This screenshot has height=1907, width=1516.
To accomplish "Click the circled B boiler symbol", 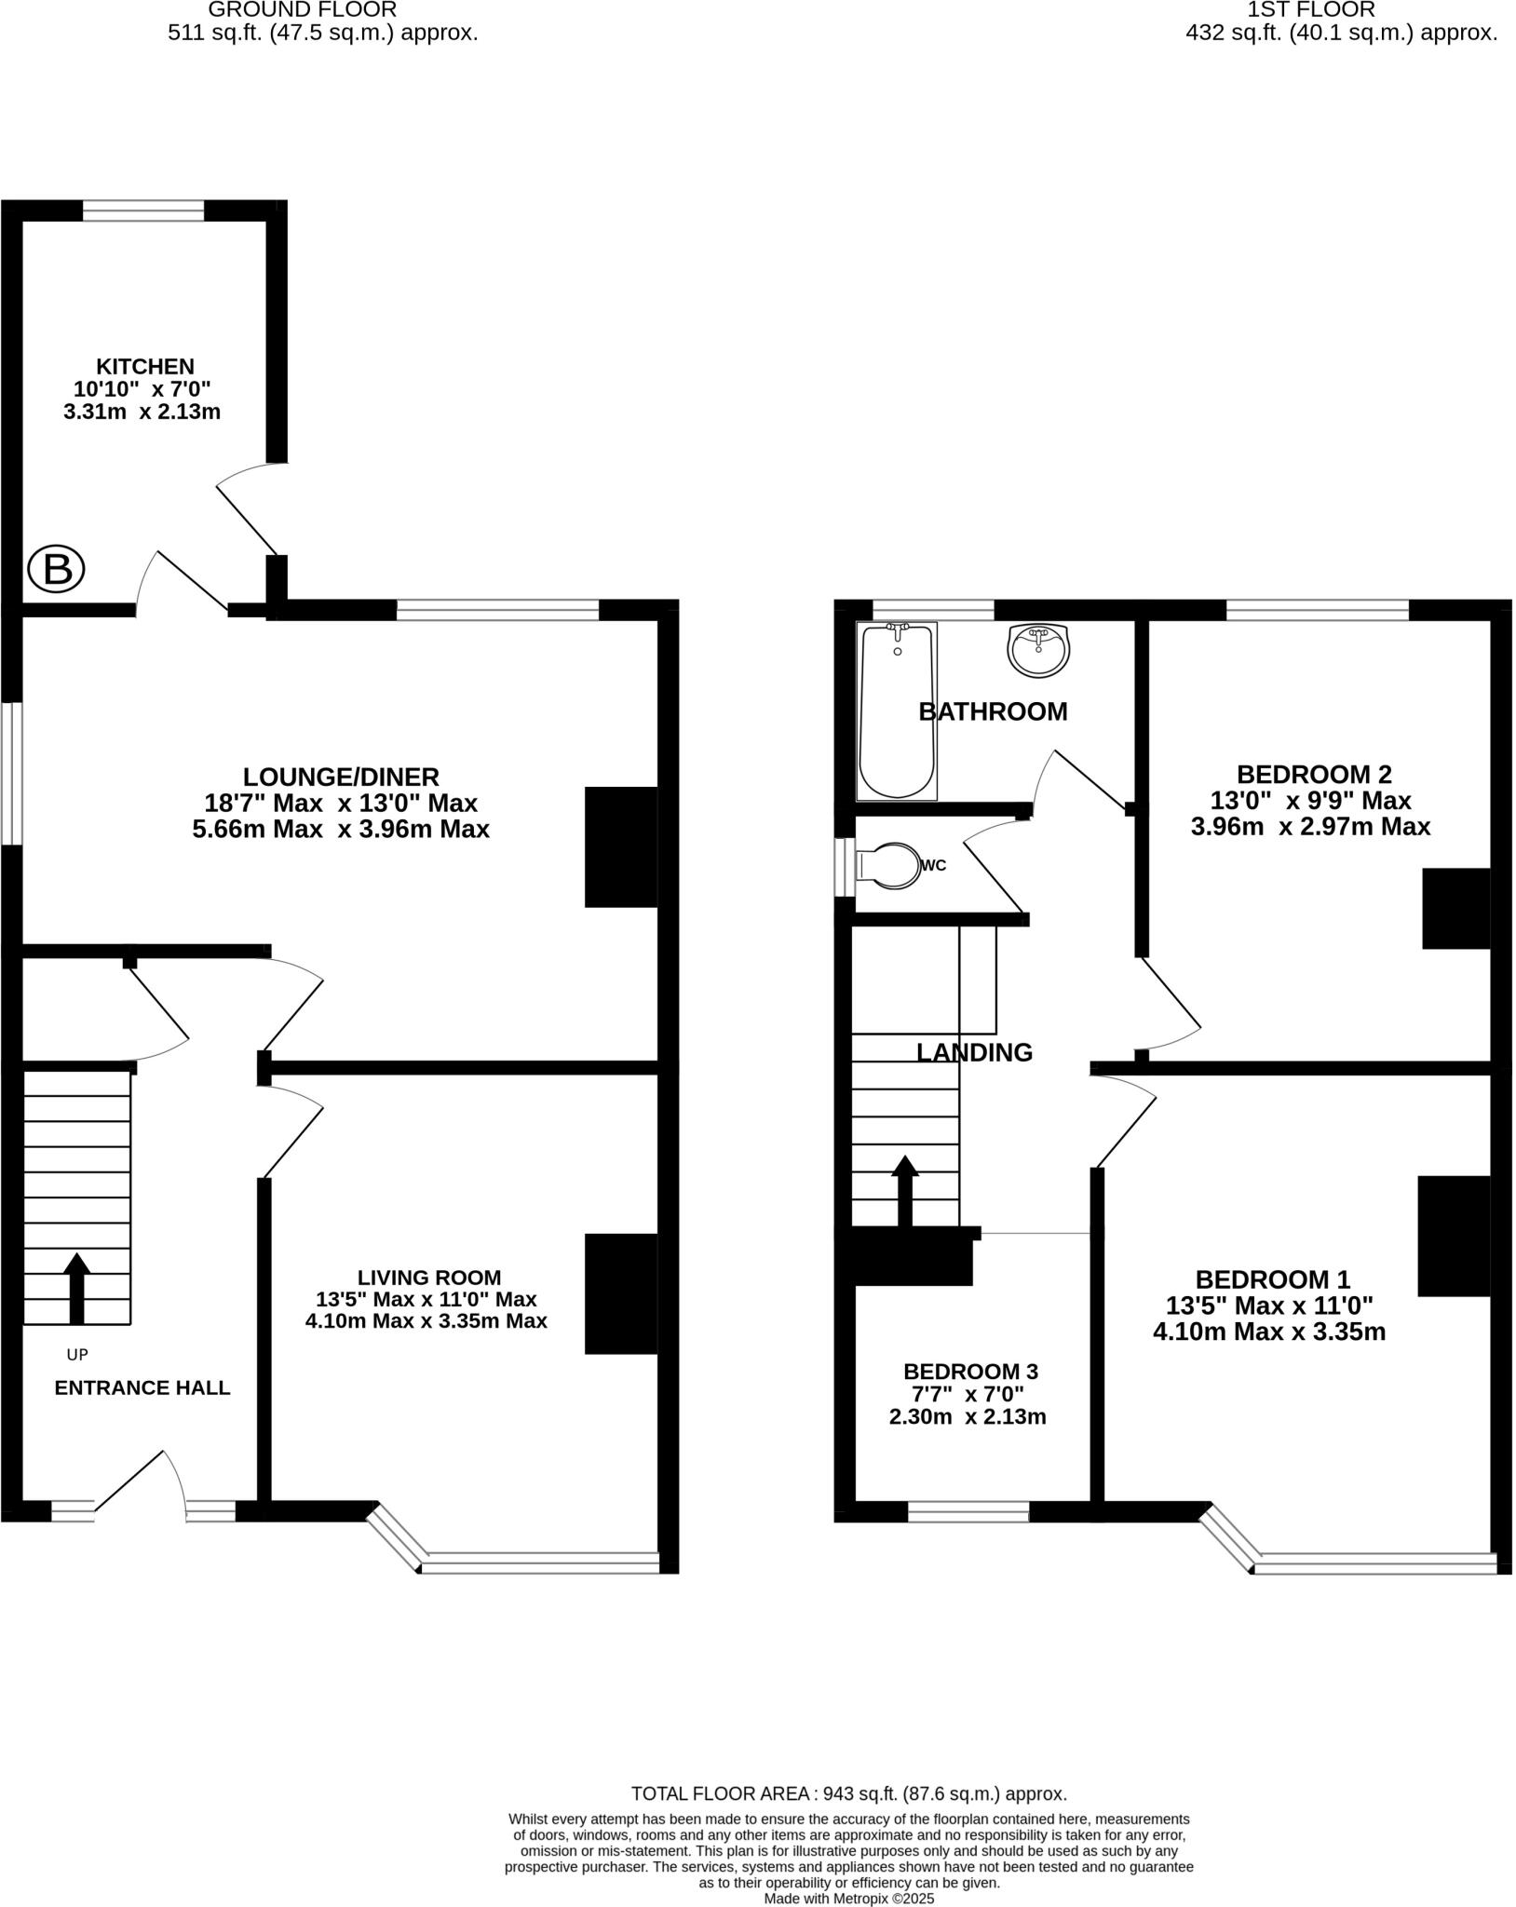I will pyautogui.click(x=57, y=569).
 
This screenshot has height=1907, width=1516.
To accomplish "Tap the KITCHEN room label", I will pyautogui.click(x=146, y=367).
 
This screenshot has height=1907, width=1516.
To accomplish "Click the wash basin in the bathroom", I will pyautogui.click(x=1038, y=649).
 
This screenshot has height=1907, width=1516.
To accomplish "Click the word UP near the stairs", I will pyautogui.click(x=77, y=1355).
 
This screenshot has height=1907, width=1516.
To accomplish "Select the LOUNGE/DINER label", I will pyautogui.click(x=341, y=777).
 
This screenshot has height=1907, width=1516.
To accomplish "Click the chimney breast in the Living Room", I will pyautogui.click(x=620, y=1293).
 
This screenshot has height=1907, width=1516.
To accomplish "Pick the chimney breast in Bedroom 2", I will pyautogui.click(x=1455, y=909).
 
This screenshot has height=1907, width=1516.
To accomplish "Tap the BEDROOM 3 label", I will pyautogui.click(x=970, y=1372).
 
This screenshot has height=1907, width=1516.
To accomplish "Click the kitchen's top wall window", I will pyautogui.click(x=143, y=211).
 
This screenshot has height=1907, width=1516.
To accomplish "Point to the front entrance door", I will pyautogui.click(x=140, y=1484).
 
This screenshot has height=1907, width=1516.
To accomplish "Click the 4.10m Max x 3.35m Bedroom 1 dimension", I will pyautogui.click(x=1268, y=1332).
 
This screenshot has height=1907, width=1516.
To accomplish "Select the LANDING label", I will pyautogui.click(x=974, y=1052).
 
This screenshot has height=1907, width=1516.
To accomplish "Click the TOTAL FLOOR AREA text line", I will pyautogui.click(x=848, y=1794).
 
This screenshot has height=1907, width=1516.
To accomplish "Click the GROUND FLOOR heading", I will pyautogui.click(x=302, y=10).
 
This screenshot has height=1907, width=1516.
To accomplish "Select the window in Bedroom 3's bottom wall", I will pyautogui.click(x=968, y=1513).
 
